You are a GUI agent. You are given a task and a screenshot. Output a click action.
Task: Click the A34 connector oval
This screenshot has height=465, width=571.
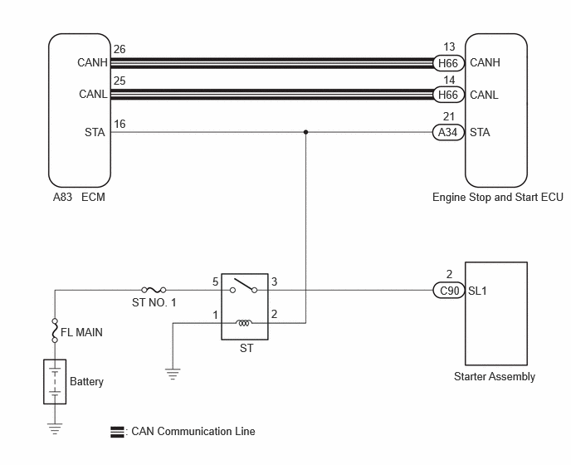[448, 132]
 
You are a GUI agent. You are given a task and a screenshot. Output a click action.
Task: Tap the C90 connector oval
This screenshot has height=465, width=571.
[449, 291]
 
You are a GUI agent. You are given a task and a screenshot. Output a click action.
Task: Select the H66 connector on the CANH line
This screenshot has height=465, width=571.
[448, 63]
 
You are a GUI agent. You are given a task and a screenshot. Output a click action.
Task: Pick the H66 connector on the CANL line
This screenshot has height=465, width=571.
[448, 95]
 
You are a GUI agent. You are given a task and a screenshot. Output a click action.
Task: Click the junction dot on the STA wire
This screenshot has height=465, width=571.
[306, 132]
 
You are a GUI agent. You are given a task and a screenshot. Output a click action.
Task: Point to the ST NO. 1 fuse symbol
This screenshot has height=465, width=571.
[154, 290]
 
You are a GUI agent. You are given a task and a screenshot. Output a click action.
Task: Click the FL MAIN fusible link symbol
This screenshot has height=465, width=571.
[55, 330]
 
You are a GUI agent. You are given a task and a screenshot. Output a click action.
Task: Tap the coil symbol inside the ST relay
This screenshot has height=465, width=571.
[244, 323]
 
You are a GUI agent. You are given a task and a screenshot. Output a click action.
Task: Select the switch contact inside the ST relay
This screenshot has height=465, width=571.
[244, 286]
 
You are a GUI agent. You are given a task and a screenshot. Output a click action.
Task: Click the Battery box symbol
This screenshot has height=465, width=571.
[55, 381]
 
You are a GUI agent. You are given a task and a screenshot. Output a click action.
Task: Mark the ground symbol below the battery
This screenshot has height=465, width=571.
[55, 428]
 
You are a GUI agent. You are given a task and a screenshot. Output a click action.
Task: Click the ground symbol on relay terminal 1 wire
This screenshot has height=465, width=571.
[173, 374]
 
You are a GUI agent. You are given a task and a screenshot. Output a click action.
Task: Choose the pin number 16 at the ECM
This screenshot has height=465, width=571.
[120, 124]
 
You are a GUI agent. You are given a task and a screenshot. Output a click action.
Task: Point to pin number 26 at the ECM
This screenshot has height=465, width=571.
[120, 49]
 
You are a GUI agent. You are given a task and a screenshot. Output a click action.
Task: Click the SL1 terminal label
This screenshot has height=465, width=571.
[477, 291]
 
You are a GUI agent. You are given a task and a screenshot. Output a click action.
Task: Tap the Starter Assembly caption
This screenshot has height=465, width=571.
[495, 376]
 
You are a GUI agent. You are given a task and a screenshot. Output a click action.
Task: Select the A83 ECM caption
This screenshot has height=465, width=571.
[79, 197]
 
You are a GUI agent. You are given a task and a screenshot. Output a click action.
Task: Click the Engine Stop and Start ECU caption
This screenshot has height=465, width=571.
[497, 197]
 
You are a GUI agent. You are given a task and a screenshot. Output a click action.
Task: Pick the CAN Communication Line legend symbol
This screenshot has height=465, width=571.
[117, 432]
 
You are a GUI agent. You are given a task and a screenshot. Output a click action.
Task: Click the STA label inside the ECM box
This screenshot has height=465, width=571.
[95, 132]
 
